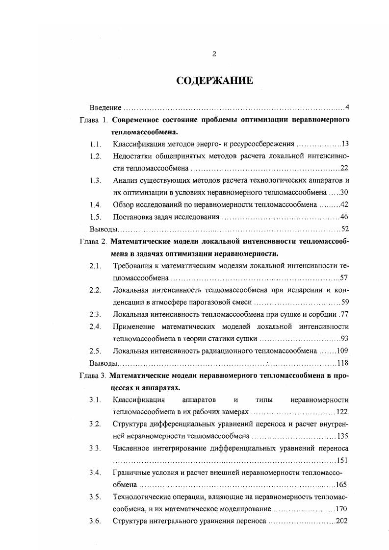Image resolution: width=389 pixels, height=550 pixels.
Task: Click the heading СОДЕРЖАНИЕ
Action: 214,81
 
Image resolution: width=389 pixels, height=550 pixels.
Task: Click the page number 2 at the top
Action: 214,54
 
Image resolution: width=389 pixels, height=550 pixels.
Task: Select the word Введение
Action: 105,107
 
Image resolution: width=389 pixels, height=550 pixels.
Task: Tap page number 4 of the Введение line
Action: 346,107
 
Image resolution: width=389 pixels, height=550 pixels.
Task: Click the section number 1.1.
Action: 95,144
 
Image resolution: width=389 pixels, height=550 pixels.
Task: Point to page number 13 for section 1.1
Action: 344,144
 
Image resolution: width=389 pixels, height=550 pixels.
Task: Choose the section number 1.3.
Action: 95,180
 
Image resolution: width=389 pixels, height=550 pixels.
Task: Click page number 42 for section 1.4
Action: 344,204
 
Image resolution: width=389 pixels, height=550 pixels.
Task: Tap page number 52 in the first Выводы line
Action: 344,229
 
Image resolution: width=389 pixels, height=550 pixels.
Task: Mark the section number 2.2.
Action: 95,290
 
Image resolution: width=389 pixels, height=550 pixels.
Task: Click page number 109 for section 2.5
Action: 342,350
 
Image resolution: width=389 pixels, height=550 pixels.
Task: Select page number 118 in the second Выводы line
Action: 342,363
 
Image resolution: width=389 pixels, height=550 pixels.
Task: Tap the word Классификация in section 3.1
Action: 139,400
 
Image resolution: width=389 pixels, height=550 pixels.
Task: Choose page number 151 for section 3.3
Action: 342,460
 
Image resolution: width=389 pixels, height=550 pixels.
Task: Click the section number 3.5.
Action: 95,497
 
